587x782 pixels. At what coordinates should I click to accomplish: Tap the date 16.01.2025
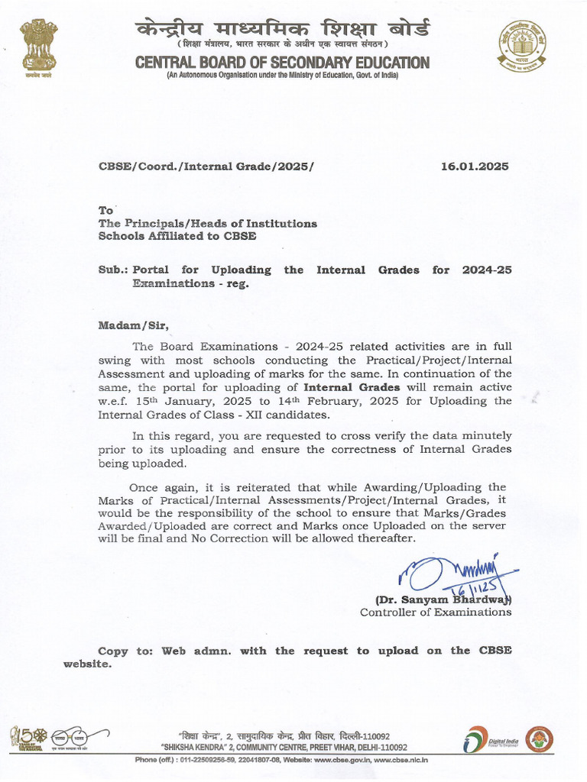pyautogui.click(x=475, y=166)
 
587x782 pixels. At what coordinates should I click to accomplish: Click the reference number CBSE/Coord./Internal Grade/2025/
pyautogui.click(x=206, y=166)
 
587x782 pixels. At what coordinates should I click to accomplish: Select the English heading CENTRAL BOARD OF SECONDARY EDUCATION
pyautogui.click(x=282, y=63)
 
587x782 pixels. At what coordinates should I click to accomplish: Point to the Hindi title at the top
pyautogui.click(x=282, y=31)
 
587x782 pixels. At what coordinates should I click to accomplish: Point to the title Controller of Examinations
pyautogui.click(x=436, y=612)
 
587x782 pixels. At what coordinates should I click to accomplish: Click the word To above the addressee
pyautogui.click(x=105, y=210)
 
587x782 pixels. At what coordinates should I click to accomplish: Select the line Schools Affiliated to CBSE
pyautogui.click(x=177, y=236)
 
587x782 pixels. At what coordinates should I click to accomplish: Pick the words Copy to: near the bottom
pyautogui.click(x=126, y=651)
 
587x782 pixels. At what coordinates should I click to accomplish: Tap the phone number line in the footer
pyautogui.click(x=281, y=760)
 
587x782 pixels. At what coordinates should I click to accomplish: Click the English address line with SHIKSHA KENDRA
pyautogui.click(x=284, y=748)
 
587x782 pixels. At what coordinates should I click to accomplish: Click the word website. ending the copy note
pyautogui.click(x=87, y=664)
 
